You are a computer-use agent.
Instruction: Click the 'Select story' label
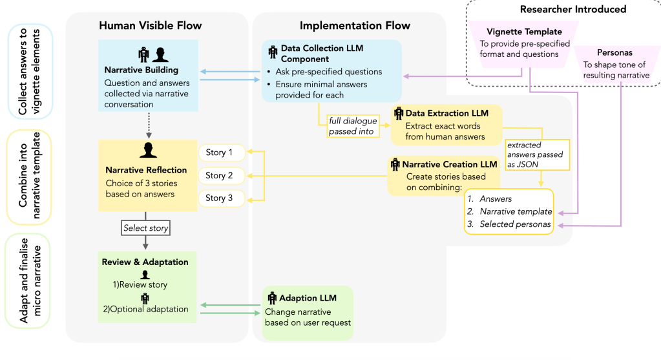[x=146, y=228]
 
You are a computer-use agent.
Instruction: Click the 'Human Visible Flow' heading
[x=151, y=26]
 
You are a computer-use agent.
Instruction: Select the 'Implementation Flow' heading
[x=355, y=26]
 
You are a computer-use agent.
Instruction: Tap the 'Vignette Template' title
[x=524, y=32]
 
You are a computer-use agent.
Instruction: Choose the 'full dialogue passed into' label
[x=353, y=126]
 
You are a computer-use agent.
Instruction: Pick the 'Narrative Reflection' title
[x=146, y=170]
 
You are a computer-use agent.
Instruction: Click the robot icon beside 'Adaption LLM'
[x=271, y=299]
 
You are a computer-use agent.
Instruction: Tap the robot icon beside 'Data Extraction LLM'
[x=398, y=113]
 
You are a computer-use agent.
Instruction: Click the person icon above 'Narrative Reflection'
[x=149, y=151]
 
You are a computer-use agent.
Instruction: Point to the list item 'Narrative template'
[x=516, y=211]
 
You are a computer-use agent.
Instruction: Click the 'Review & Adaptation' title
[x=145, y=262]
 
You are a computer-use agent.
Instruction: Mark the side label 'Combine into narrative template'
[x=28, y=177]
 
